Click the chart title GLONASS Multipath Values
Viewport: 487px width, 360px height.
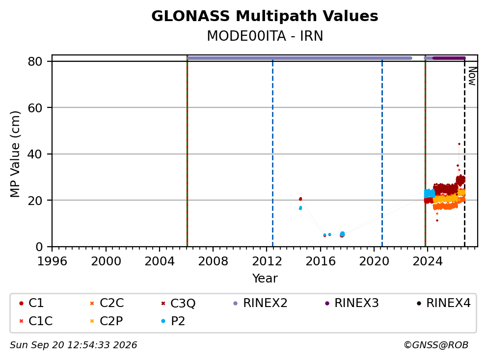[265, 16]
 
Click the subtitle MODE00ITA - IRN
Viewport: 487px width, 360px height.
[265, 36]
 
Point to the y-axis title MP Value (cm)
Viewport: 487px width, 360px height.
[15, 154]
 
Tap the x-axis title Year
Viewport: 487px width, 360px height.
[265, 279]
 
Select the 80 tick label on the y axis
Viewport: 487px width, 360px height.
[35, 61]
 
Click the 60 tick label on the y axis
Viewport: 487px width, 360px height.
[35, 108]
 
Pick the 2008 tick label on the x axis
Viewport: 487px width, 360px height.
[213, 261]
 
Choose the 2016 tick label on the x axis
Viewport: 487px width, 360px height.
[321, 261]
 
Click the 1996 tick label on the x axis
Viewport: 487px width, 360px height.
[52, 261]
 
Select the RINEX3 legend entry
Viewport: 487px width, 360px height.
[352, 303]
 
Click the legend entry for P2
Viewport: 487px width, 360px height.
[173, 321]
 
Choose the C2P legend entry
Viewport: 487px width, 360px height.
[107, 321]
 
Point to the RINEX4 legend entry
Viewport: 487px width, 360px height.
[443, 303]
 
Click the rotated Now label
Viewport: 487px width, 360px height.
[472, 76]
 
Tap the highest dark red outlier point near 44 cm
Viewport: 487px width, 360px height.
[459, 144]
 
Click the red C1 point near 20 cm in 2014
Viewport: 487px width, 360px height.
[300, 199]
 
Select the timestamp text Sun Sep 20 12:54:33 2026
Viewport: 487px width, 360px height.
[73, 345]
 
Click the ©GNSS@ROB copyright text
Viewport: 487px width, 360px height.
[436, 345]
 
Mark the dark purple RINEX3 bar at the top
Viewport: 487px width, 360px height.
[449, 58]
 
